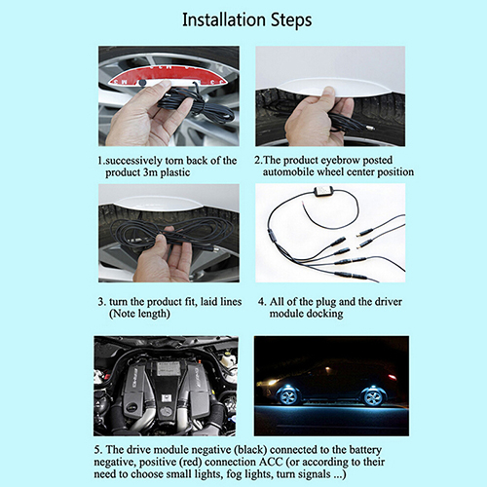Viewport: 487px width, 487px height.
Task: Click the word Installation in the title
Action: pos(224,19)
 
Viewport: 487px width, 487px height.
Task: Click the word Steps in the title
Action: pos(291,20)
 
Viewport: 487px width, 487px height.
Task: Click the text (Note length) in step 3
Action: pos(139,314)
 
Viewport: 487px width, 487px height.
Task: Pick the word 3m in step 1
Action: pos(150,172)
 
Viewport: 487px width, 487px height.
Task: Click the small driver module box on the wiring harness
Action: pos(321,191)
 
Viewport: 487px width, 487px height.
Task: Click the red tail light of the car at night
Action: pos(392,377)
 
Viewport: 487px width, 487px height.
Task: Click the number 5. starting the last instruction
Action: pos(98,450)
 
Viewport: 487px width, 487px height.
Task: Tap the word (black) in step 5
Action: pos(250,450)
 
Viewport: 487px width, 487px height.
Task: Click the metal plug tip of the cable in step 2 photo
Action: pos(371,128)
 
